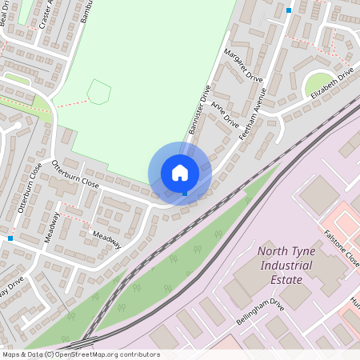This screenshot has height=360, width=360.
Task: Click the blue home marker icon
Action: pyautogui.click(x=180, y=173)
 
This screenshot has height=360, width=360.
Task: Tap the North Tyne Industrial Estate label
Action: pyautogui.click(x=280, y=266)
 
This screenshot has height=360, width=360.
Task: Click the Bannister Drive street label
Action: pyautogui.click(x=199, y=111)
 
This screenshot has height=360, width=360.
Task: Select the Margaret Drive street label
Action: pyautogui.click(x=244, y=66)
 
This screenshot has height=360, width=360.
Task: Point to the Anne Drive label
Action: pyautogui.click(x=225, y=114)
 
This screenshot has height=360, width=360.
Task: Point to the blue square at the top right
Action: pyautogui.click(x=289, y=10)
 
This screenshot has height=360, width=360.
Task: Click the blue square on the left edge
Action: pyautogui.click(x=10, y=238)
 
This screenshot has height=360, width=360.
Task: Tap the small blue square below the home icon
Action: pyautogui.click(x=185, y=193)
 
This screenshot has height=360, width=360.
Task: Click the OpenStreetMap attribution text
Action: pyautogui.click(x=81, y=354)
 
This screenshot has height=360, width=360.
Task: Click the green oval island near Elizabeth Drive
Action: pyautogui.click(x=319, y=82)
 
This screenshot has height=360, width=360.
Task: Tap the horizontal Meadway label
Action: pyautogui.click(x=106, y=240)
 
